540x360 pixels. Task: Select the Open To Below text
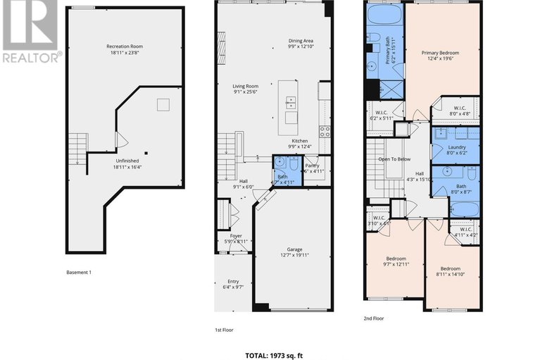pos(394,159)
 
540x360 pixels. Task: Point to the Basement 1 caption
pos(79,272)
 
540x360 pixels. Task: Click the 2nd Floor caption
pos(374,318)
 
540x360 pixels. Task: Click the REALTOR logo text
pos(30,56)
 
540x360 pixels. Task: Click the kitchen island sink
pos(291,101)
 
